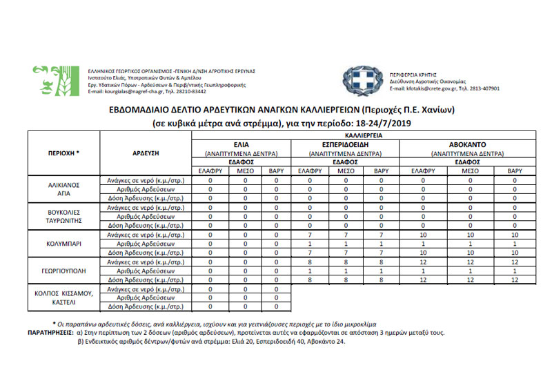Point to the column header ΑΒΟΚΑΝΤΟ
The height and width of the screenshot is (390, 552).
[x=469, y=145]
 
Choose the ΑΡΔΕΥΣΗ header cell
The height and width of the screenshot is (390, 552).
[x=146, y=153]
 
